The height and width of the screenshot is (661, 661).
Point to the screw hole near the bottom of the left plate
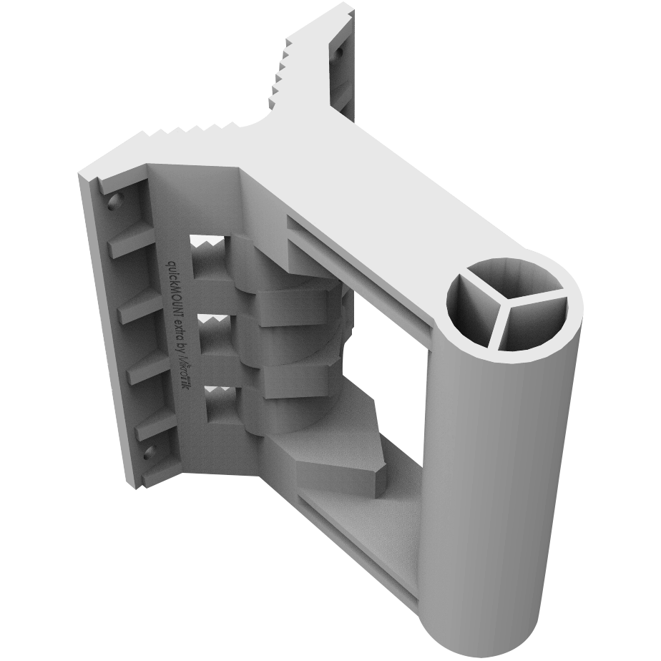pos(150,451)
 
